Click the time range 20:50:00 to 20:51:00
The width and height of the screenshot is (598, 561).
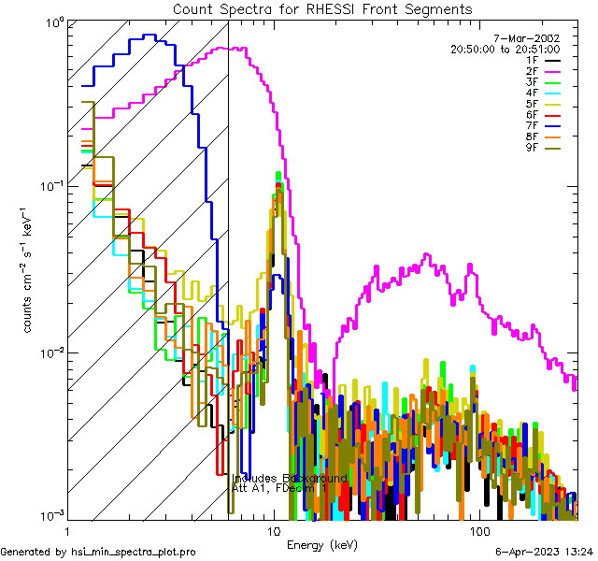(x=505, y=49)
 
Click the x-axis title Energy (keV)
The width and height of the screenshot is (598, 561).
(x=320, y=544)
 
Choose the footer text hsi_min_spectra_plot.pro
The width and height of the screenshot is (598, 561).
(x=134, y=552)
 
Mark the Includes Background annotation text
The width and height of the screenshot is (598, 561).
(x=290, y=478)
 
